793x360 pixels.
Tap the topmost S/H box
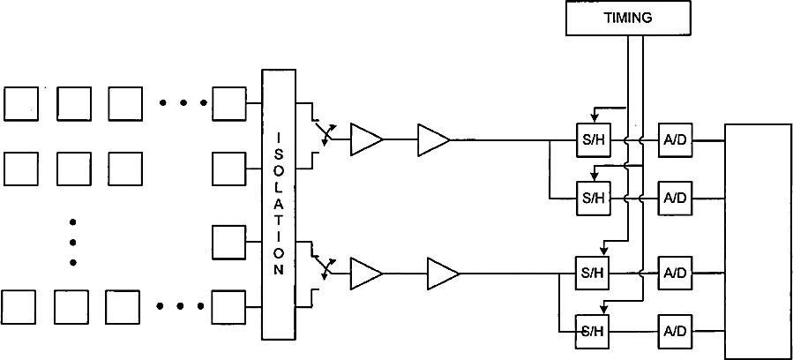590,139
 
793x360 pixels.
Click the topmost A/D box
675,139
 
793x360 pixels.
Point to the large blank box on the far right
758,241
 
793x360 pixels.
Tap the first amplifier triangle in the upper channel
364,139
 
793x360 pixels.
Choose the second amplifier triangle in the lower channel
441,273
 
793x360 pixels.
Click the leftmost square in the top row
21,103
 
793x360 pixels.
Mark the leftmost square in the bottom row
19,307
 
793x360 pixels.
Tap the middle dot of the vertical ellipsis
73,241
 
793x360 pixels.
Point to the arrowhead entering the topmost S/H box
595,113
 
